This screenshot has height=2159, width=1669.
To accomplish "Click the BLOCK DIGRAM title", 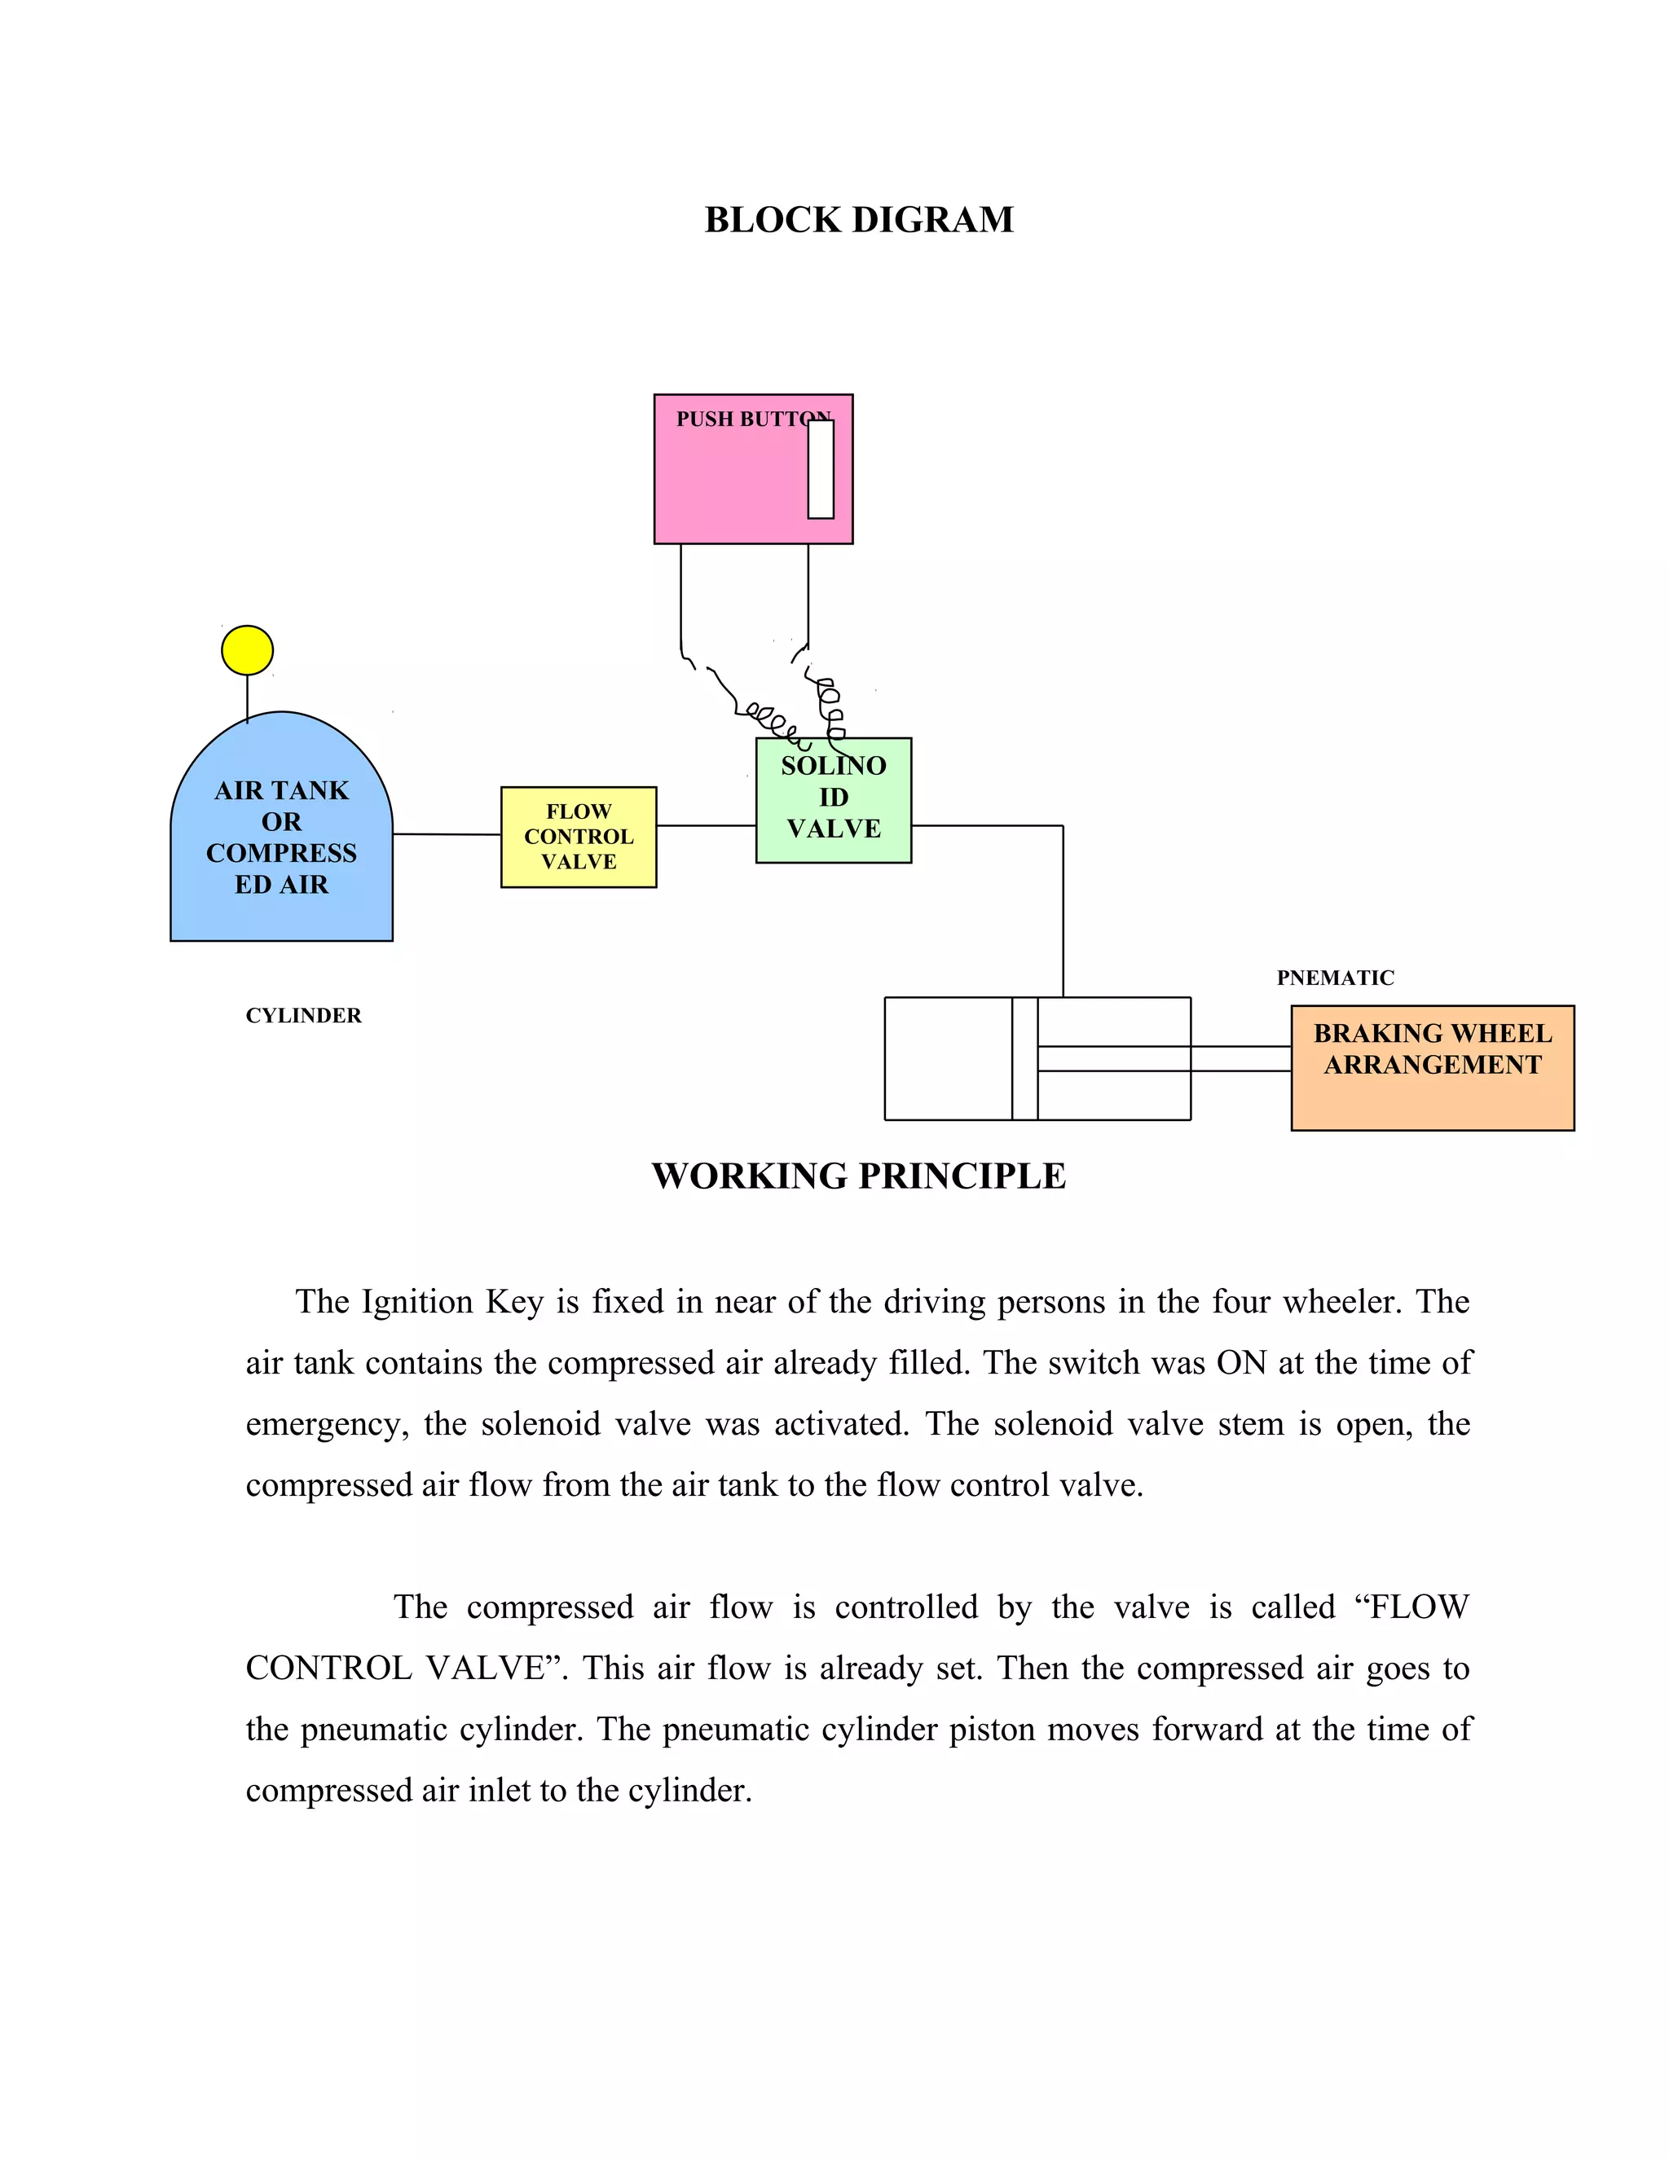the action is pyautogui.click(x=858, y=219).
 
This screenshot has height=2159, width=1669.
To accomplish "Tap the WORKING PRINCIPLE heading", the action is pyautogui.click(x=858, y=1176).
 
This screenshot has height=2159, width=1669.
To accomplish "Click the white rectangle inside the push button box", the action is pyautogui.click(x=821, y=468).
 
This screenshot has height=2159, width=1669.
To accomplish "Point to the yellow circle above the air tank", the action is pyautogui.click(x=247, y=649).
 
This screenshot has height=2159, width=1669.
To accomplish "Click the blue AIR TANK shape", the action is pyautogui.click(x=282, y=830).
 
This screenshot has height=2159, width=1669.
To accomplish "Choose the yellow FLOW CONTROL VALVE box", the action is pyautogui.click(x=579, y=838).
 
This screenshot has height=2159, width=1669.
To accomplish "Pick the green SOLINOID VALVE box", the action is pyautogui.click(x=834, y=801).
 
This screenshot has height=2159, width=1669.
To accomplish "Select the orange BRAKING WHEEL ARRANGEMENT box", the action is pyautogui.click(x=1433, y=1067).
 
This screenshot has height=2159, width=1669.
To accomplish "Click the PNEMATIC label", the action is pyautogui.click(x=1335, y=978).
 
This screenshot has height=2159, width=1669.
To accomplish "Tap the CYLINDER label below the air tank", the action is pyautogui.click(x=303, y=1015).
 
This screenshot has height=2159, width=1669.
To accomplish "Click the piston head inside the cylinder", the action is pyautogui.click(x=1024, y=1059).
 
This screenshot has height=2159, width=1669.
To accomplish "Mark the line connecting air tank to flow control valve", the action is pyautogui.click(x=447, y=834).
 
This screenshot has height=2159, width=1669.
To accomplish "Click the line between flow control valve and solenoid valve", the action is pyautogui.click(x=706, y=825).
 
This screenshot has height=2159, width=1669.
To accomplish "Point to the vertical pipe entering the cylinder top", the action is pyautogui.click(x=1063, y=912).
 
